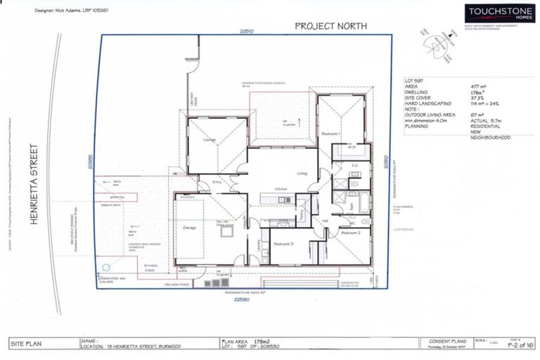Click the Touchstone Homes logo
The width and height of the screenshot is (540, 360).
[x=494, y=13]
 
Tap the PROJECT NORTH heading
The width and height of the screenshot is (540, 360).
[x=330, y=26]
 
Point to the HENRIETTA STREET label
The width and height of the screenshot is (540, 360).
[x=33, y=184]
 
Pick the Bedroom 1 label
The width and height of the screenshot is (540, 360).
[x=331, y=134]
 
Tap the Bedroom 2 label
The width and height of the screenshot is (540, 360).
[x=350, y=232]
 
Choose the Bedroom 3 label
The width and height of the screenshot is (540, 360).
[x=283, y=243]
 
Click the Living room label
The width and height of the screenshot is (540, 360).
[x=302, y=173]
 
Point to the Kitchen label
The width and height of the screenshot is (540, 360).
[x=281, y=190]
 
